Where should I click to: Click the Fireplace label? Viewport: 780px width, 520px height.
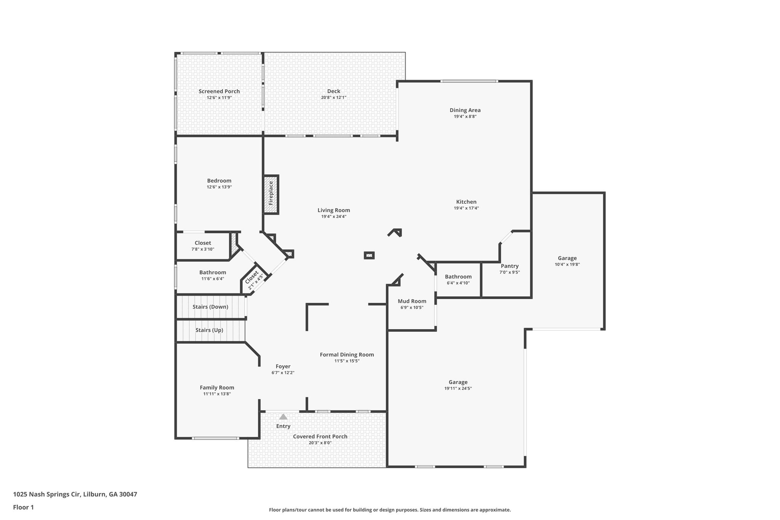[x=271, y=193]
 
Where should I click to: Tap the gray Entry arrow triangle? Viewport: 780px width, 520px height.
[x=283, y=417]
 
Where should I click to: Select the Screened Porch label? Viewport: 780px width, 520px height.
[x=219, y=91]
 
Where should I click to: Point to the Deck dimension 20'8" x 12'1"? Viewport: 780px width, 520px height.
[x=334, y=98]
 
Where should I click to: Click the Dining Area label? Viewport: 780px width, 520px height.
[x=465, y=110]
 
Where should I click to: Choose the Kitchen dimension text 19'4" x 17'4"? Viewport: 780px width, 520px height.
[x=466, y=208]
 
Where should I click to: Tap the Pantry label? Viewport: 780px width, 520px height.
[x=510, y=266]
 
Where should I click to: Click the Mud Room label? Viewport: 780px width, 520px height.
[x=412, y=301]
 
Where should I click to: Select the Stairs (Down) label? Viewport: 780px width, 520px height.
[x=210, y=307]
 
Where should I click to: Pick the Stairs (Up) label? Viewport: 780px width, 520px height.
[x=209, y=330]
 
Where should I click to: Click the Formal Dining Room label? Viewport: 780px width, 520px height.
[x=347, y=355]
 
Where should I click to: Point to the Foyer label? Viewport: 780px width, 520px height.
[x=283, y=366]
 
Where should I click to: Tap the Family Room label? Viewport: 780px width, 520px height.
[x=217, y=388]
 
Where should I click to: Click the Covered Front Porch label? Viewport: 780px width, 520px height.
[x=320, y=437]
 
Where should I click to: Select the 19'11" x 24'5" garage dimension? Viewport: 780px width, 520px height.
[x=458, y=389]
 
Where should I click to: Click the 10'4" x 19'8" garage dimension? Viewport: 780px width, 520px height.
[x=567, y=264]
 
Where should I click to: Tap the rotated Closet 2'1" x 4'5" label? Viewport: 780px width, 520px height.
[x=254, y=280]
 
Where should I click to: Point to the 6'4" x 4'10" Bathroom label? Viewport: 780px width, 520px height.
[x=458, y=280]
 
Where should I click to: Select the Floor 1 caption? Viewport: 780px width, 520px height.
[x=24, y=507]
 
